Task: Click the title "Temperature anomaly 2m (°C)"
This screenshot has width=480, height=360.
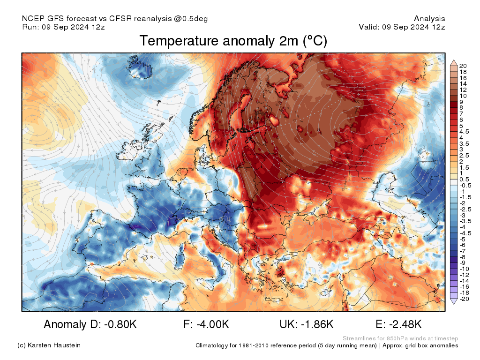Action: tap(233, 41)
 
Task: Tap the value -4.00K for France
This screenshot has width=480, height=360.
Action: tap(213, 324)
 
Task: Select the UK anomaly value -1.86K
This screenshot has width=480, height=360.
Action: tap(317, 324)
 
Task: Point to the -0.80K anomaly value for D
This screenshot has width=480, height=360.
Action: tap(120, 324)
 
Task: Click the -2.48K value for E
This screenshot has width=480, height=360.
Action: tap(405, 324)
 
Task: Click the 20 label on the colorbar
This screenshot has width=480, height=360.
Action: tap(463, 66)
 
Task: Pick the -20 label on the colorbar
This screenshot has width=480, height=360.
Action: tap(464, 299)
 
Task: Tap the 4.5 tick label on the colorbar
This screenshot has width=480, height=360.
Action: tap(464, 132)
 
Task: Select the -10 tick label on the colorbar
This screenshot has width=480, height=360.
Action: tap(464, 269)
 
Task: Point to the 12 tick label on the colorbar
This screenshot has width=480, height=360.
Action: tap(463, 90)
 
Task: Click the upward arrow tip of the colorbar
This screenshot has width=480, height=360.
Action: tap(454, 60)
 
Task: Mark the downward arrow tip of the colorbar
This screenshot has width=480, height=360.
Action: tap(454, 304)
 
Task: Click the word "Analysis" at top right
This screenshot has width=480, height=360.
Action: tap(429, 19)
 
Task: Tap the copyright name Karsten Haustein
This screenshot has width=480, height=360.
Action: tap(54, 345)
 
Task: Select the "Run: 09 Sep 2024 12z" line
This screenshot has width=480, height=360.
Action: tap(63, 27)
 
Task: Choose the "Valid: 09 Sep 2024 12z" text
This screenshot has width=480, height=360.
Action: tap(402, 27)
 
